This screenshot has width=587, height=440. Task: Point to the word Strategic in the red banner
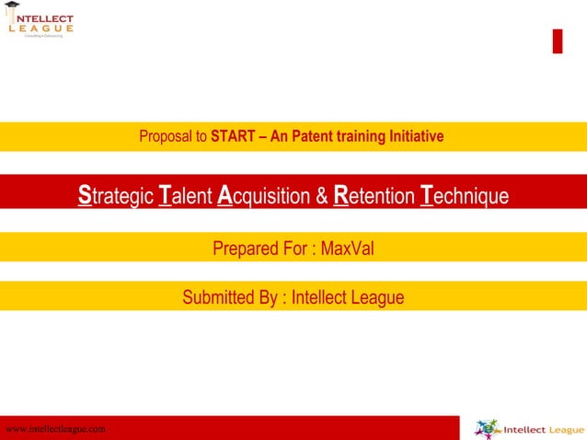[x=116, y=196]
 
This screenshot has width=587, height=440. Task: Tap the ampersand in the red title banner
[x=323, y=196]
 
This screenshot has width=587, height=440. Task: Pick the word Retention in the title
[x=374, y=196]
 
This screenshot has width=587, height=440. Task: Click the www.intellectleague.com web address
[x=55, y=429]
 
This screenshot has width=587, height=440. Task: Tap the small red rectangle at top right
[x=557, y=41]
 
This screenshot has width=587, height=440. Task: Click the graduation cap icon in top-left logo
[x=13, y=8]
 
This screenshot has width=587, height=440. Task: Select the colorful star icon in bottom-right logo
[x=488, y=429]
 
